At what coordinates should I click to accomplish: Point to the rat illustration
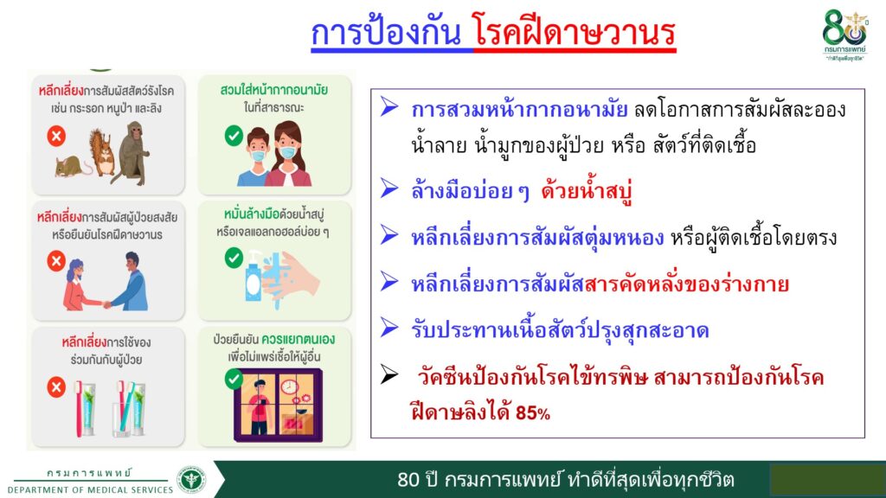pos(72,167)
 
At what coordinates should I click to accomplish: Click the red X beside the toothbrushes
pos(56,387)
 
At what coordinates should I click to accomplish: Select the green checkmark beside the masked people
pos(234,136)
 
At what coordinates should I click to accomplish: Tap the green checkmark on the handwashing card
pos(234,258)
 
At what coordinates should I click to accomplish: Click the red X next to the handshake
pos(56,261)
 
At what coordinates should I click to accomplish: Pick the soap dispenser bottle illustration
pos(254,277)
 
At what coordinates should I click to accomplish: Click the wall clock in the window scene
pos(289,386)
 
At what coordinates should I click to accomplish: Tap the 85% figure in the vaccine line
pos(532,413)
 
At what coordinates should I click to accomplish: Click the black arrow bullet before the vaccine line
pos(388,373)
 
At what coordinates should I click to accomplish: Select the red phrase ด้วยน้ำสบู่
pos(586,191)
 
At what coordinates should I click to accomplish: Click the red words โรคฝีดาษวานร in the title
pos(575,32)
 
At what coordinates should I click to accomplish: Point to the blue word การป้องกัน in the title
pos(386,32)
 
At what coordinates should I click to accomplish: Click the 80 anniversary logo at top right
pos(844,35)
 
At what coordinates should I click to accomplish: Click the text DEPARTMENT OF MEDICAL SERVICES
pos(90,490)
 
